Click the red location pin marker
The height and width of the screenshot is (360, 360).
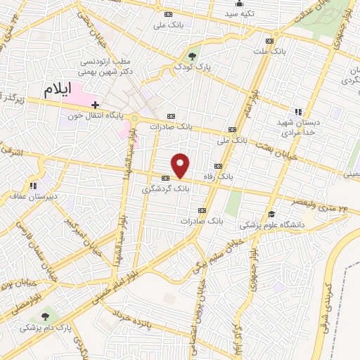coord(181,165)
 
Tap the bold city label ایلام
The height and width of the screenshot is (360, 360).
coord(58,89)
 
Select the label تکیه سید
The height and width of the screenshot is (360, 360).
coord(240,13)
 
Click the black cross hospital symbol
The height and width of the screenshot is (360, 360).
coord(96,105)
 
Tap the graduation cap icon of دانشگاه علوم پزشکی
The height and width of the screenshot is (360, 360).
coord(271,215)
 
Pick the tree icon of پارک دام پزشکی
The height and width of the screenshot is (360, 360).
coord(46,317)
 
